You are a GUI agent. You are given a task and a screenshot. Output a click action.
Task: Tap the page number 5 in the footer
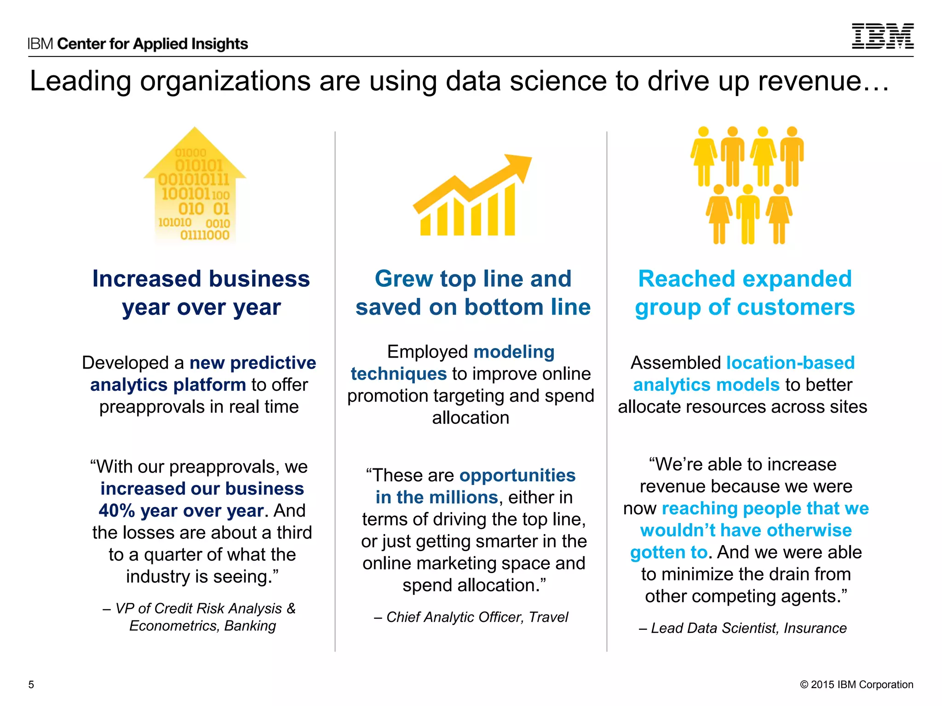coord(31,684)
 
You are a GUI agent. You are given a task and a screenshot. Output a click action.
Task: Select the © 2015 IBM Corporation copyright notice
coord(856,684)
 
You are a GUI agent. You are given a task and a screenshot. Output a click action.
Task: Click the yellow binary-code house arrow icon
coord(195,186)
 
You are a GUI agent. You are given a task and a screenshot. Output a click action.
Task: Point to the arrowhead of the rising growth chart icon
coord(520,166)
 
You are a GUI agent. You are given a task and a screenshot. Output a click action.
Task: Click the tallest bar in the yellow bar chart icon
coord(510,210)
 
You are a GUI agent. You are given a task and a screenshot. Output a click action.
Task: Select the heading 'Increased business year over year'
coord(201,292)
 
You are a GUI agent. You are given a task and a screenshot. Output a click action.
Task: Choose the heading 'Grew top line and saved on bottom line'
coord(473,292)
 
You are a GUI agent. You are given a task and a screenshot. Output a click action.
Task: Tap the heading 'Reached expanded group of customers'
coord(745,292)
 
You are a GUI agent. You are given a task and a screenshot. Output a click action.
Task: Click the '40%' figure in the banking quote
coord(116,511)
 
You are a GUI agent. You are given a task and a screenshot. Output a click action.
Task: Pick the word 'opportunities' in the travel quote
coord(517,475)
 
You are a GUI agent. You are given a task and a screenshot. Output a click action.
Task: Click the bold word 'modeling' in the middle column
coord(514,352)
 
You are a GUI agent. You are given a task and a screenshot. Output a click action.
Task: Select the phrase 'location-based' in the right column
coord(790,363)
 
